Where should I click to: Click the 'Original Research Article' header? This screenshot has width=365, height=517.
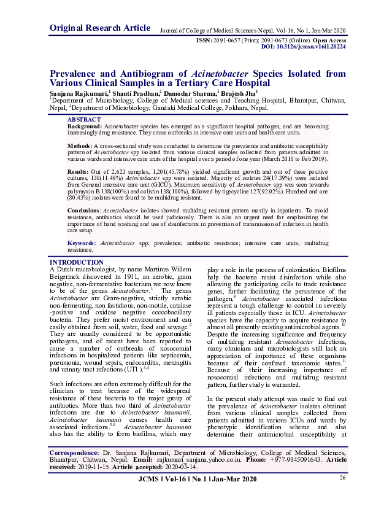[99, 28]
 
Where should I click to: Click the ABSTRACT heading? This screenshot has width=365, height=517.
[84, 119]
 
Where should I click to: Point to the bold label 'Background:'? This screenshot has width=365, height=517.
[85, 126]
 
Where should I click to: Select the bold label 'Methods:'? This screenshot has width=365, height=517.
[80, 145]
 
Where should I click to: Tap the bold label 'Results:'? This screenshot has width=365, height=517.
[78, 171]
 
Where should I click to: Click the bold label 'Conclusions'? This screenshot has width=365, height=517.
[83, 210]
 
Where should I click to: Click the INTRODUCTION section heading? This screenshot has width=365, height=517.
[76, 263]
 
